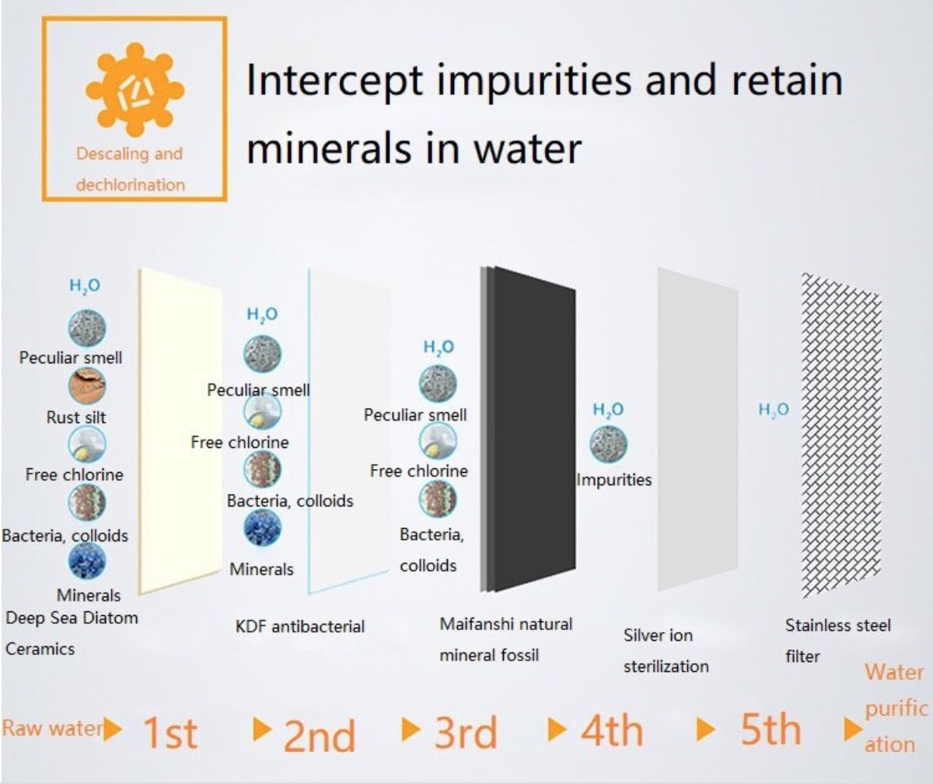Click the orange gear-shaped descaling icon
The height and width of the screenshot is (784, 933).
(x=135, y=89)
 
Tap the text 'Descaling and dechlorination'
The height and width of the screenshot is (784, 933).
(x=130, y=170)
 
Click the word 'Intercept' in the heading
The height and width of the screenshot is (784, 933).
(x=334, y=81)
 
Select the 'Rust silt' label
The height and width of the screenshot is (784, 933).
(x=76, y=418)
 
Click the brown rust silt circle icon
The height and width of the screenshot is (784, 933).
(x=86, y=386)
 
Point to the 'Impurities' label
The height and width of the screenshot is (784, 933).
(x=614, y=480)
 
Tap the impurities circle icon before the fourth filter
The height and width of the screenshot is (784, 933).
(x=609, y=444)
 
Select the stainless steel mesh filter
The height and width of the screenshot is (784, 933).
(x=841, y=435)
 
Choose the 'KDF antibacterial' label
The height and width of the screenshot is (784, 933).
(x=300, y=627)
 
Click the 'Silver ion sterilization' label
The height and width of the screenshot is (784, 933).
(x=666, y=651)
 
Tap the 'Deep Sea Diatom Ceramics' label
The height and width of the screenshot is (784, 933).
(x=72, y=633)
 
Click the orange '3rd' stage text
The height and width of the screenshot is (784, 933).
(x=466, y=733)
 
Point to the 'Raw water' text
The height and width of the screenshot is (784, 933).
(x=53, y=729)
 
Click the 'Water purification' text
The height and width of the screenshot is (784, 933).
(x=895, y=709)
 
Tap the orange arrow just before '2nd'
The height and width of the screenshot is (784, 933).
(x=262, y=729)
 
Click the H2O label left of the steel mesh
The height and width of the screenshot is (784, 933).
(x=774, y=409)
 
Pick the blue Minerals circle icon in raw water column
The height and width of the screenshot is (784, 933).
(x=86, y=561)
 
